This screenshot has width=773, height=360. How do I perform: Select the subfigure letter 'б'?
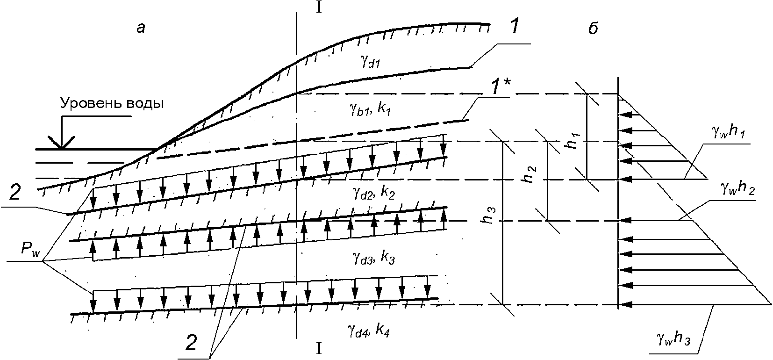(593, 28)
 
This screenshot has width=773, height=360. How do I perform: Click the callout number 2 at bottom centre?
(192, 344)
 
